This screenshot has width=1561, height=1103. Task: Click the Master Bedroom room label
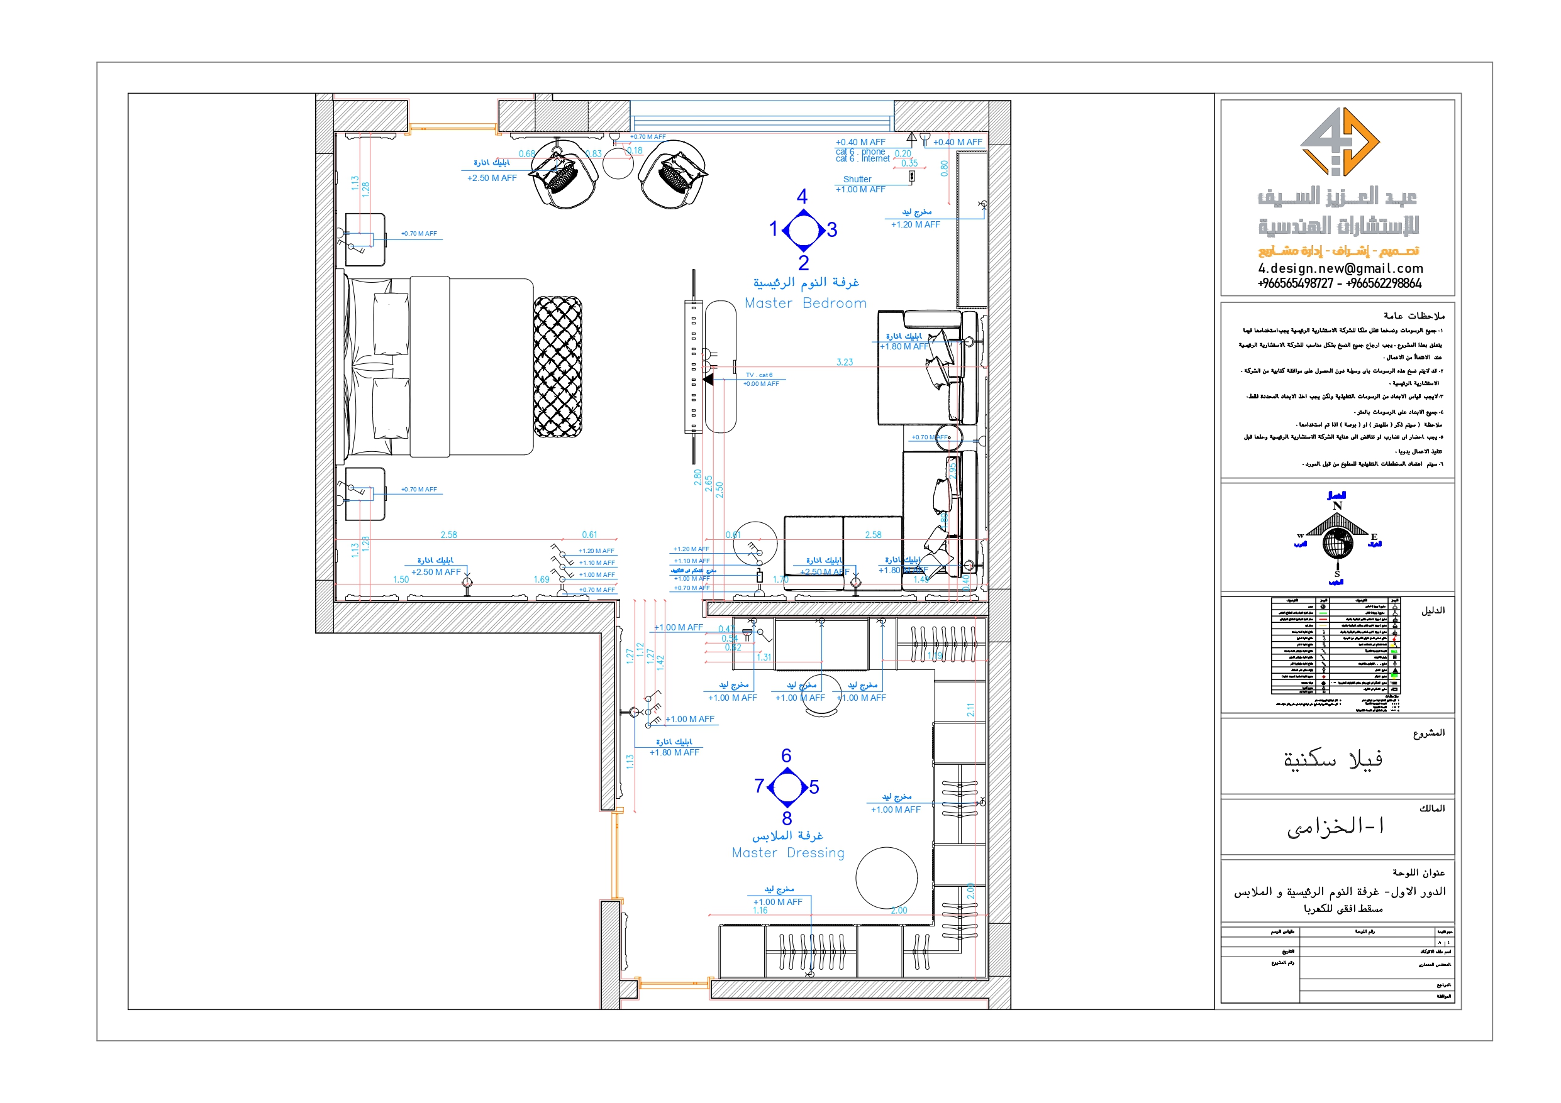[806, 303]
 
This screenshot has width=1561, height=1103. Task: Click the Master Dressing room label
[788, 852]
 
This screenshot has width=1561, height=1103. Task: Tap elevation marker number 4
[803, 197]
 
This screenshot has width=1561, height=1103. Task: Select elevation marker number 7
[759, 786]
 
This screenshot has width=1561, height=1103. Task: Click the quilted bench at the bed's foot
[557, 367]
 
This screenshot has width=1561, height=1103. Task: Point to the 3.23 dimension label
[845, 362]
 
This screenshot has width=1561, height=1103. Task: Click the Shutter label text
[857, 179]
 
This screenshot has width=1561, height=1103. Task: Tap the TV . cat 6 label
[758, 375]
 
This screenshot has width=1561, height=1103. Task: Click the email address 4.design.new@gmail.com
[1340, 268]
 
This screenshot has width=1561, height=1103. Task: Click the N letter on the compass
[1337, 506]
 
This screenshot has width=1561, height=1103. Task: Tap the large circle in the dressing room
[887, 878]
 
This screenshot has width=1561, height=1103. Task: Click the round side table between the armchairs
[618, 164]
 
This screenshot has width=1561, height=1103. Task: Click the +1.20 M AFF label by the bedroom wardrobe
[915, 225]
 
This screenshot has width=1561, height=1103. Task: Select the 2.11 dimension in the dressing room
[971, 710]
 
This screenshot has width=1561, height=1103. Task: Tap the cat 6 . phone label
[860, 151]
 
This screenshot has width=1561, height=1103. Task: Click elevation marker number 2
[804, 262]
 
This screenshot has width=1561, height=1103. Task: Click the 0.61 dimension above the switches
[589, 535]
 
